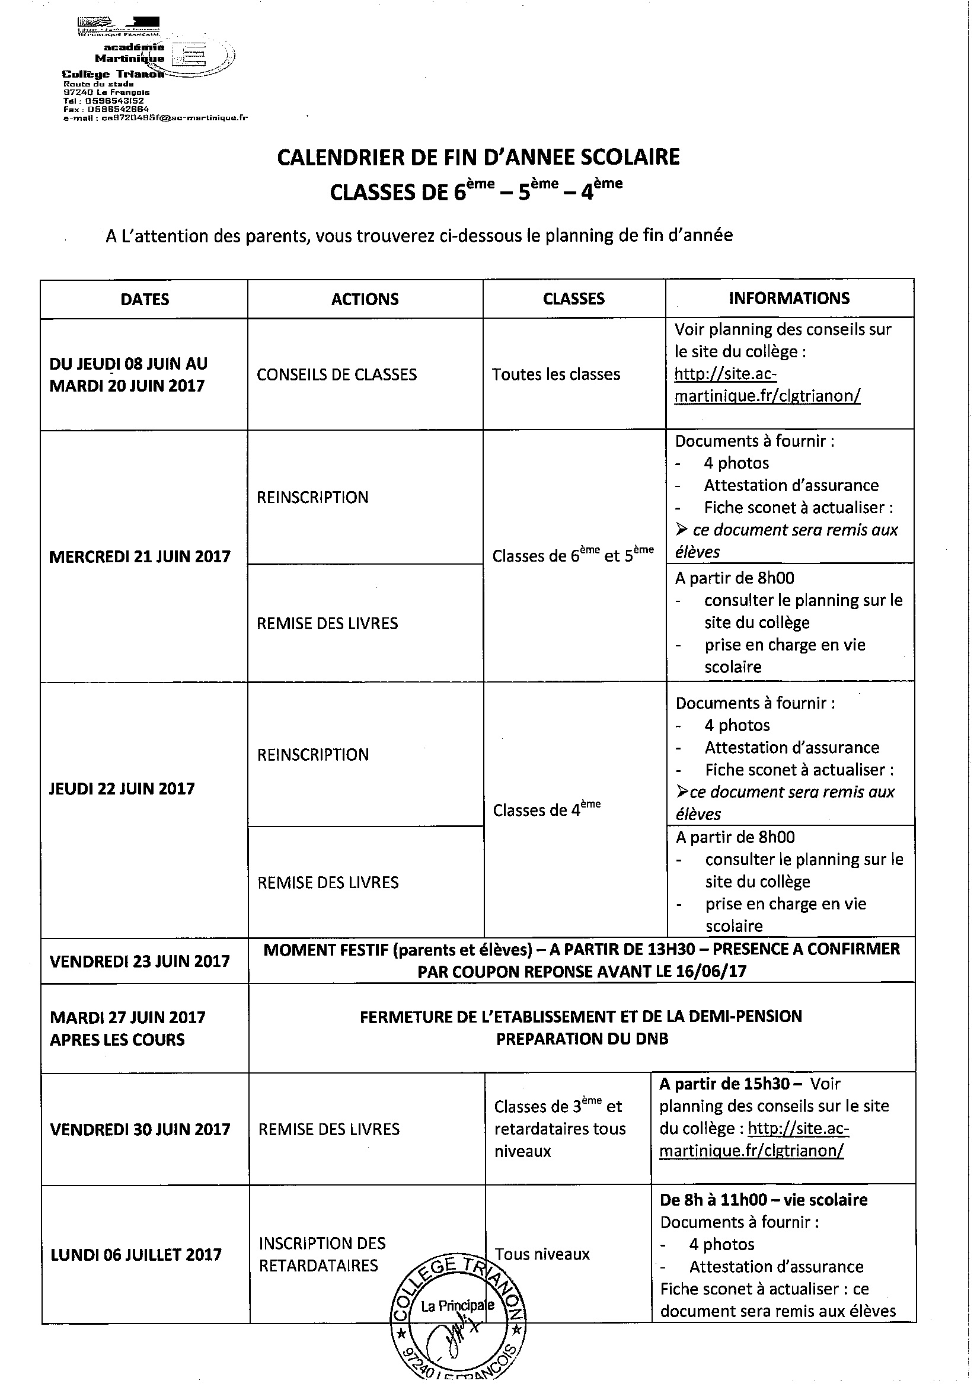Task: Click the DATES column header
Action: (x=145, y=300)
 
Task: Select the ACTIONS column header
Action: (x=365, y=299)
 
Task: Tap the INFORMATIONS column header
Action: (x=789, y=298)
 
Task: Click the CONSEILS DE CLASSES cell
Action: (x=337, y=374)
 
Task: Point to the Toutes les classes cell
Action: (x=556, y=374)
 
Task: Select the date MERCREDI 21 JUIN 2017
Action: (x=140, y=556)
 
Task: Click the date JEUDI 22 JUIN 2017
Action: (x=122, y=789)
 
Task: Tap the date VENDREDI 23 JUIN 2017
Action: (x=140, y=961)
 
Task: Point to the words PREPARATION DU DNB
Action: (x=582, y=1039)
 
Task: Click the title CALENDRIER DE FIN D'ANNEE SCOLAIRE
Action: (x=478, y=157)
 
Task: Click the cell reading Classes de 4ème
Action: (x=547, y=809)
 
